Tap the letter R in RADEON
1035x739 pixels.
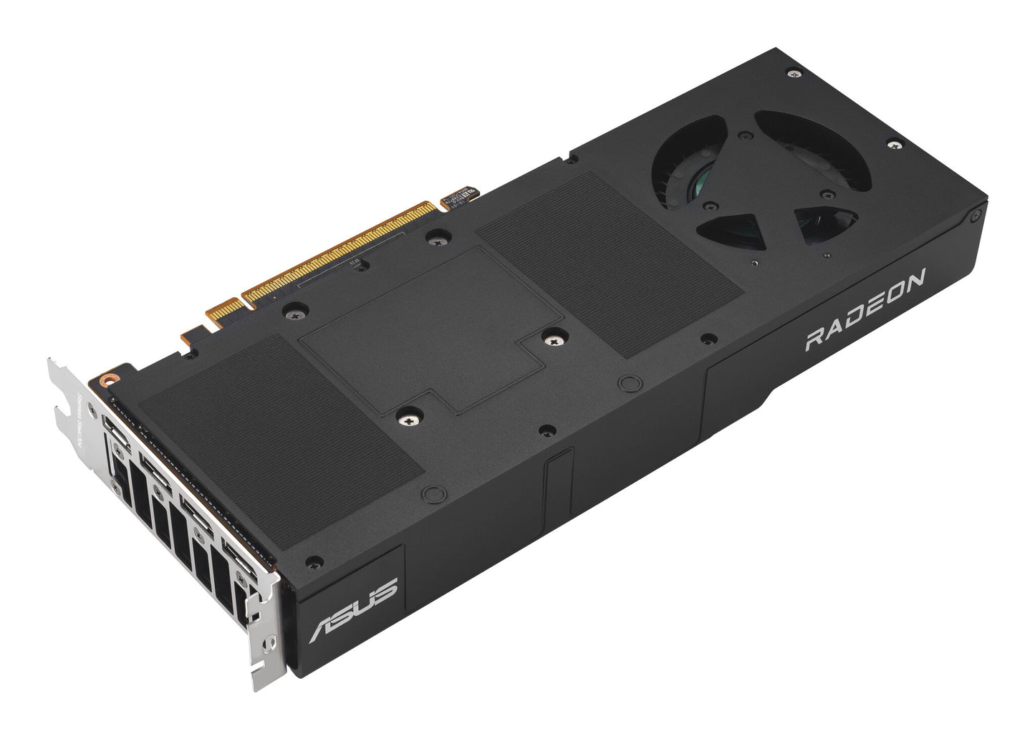814,339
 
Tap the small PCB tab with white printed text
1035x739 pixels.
462,198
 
